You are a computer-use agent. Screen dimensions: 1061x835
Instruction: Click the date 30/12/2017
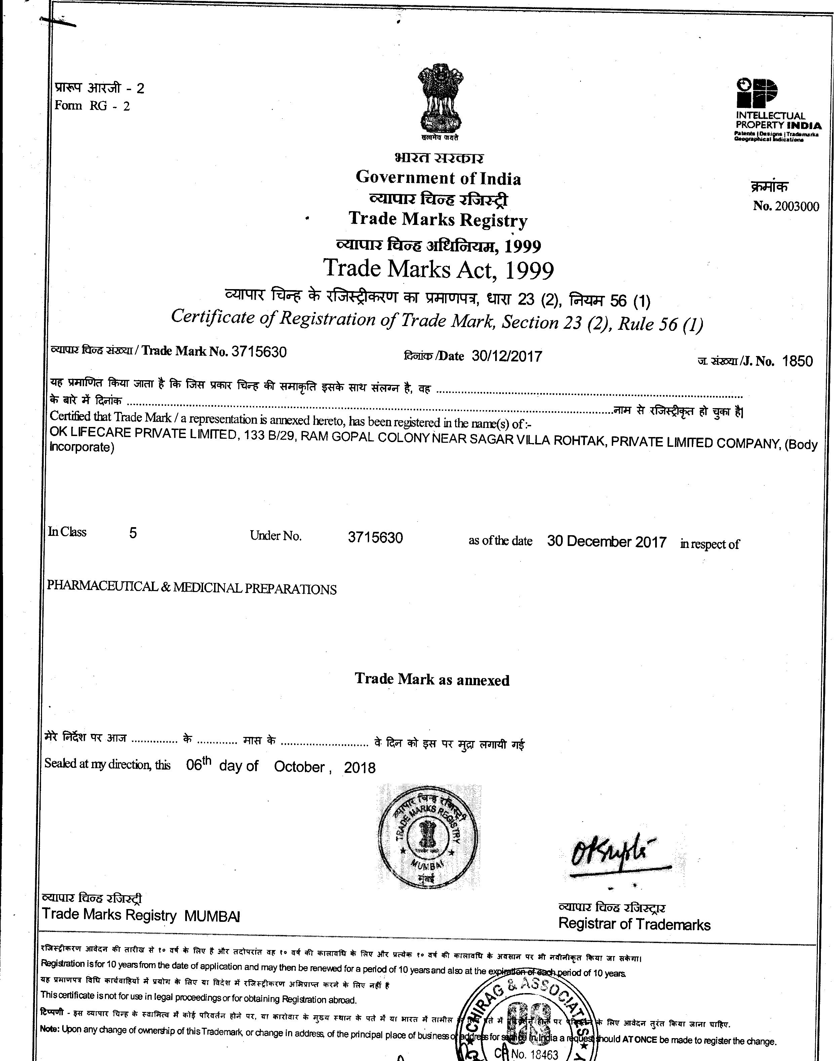pyautogui.click(x=507, y=356)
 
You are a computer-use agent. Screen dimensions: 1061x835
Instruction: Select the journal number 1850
pyautogui.click(x=797, y=361)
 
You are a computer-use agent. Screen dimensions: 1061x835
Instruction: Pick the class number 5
pyautogui.click(x=133, y=533)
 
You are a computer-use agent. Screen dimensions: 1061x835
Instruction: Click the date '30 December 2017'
pyautogui.click(x=607, y=542)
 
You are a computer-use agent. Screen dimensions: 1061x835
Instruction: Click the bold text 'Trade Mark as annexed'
pyautogui.click(x=432, y=679)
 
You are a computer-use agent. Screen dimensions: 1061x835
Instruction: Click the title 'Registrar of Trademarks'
pyautogui.click(x=634, y=924)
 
